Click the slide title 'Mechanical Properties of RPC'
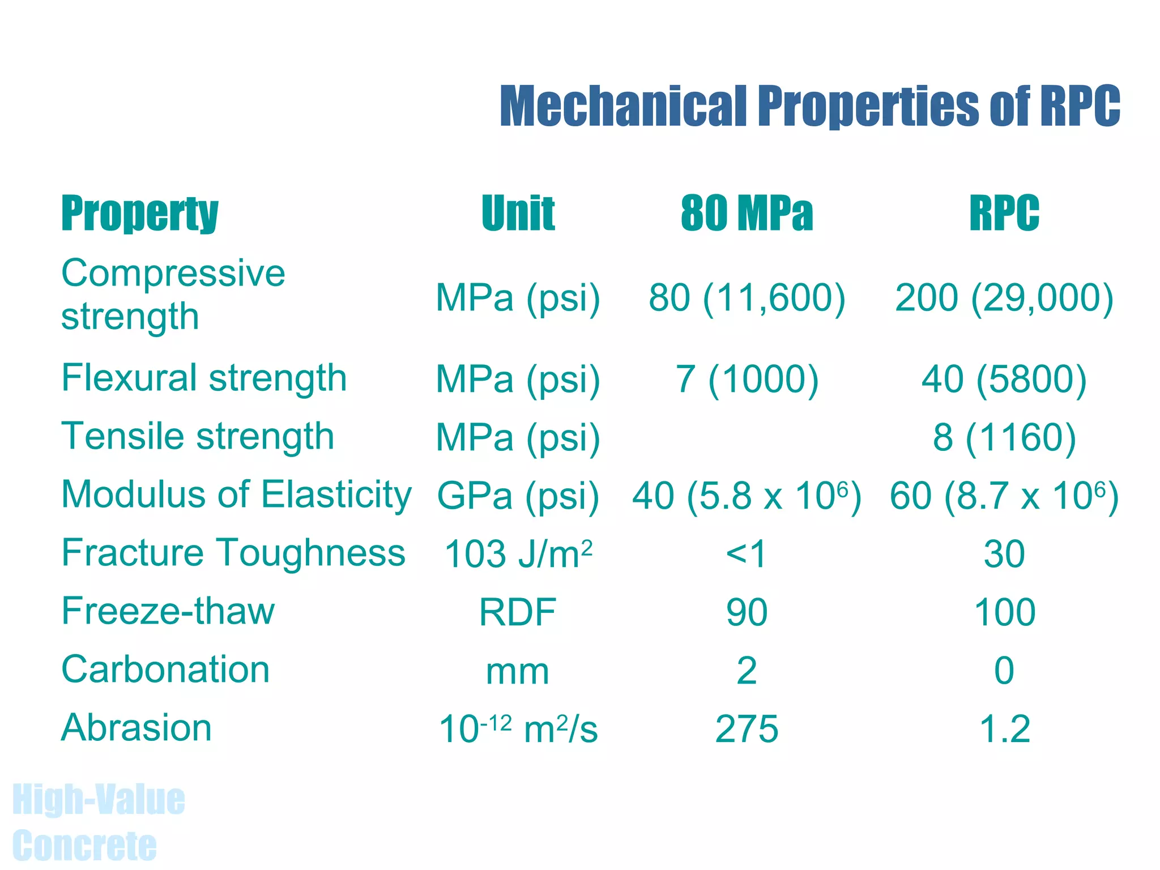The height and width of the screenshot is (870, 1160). pyautogui.click(x=809, y=106)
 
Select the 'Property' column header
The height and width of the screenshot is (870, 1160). pyautogui.click(x=139, y=213)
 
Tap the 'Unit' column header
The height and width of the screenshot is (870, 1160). pyautogui.click(x=518, y=213)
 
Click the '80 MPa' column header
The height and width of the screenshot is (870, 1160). pyautogui.click(x=747, y=213)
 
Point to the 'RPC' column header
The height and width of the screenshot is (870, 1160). pyautogui.click(x=1004, y=213)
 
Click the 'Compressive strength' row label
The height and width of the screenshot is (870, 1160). pyautogui.click(x=173, y=294)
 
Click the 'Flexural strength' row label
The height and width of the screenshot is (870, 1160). pyautogui.click(x=204, y=378)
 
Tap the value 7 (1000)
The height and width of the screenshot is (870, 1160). pyautogui.click(x=747, y=379)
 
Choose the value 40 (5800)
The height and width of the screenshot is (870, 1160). pyautogui.click(x=1004, y=379)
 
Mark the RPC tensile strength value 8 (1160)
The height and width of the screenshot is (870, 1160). pyautogui.click(x=1004, y=437)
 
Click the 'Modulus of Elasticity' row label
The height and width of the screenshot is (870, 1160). pyautogui.click(x=236, y=494)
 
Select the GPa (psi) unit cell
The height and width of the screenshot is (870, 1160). pyautogui.click(x=518, y=496)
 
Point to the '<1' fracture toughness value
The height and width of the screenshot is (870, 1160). pyautogui.click(x=747, y=553)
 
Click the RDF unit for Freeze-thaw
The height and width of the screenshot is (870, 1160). pyautogui.click(x=518, y=612)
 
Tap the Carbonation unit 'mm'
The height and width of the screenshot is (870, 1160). pyautogui.click(x=518, y=671)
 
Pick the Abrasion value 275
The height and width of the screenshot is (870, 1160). pyautogui.click(x=747, y=729)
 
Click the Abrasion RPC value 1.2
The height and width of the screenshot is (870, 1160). pyautogui.click(x=1004, y=729)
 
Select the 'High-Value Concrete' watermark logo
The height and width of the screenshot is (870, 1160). pyautogui.click(x=98, y=822)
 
